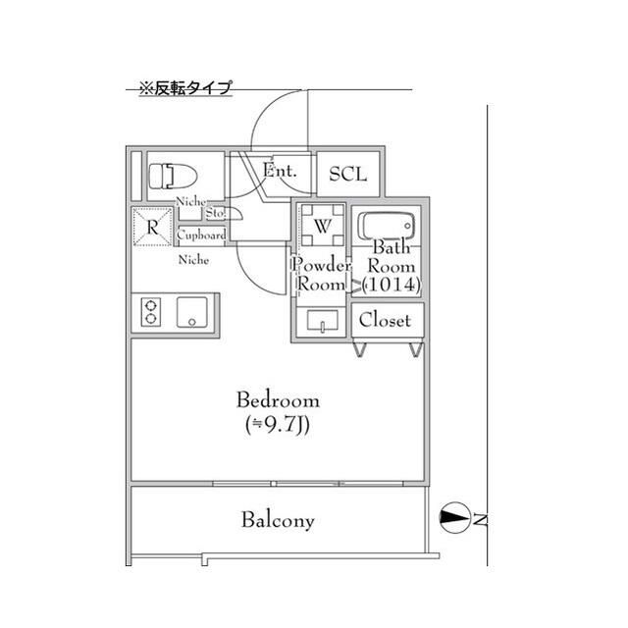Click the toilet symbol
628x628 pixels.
(173, 177)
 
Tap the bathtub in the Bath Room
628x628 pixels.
(388, 228)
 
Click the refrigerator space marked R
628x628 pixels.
(152, 228)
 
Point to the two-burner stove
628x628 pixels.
(151, 312)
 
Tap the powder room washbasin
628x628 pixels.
(322, 321)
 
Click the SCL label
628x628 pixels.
(347, 175)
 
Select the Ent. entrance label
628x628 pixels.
(280, 171)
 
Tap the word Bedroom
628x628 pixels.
(278, 400)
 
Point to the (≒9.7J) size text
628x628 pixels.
(278, 425)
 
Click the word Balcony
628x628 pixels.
(279, 520)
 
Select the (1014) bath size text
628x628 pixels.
(392, 285)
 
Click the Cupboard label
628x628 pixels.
(202, 235)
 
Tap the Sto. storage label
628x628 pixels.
(216, 213)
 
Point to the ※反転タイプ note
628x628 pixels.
(184, 88)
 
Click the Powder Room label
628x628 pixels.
(320, 274)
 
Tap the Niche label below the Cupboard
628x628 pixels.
(192, 261)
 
